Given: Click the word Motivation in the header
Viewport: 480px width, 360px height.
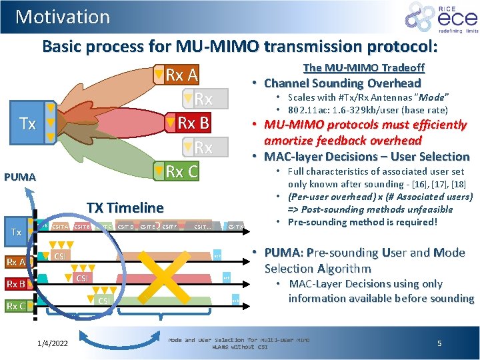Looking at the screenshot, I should pos(63,17).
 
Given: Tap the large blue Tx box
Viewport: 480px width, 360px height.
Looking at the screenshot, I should pos(27,123).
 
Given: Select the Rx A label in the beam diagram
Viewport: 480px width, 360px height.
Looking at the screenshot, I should pos(181,75).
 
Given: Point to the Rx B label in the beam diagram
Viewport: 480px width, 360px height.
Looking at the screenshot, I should pos(192,123).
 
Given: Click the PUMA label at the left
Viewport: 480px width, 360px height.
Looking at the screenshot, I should pos(21,177).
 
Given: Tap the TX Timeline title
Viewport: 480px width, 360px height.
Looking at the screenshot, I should pos(125,207).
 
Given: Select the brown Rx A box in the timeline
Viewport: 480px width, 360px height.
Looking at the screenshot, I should pos(17,261).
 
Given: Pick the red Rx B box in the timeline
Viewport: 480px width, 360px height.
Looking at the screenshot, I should pos(15,284).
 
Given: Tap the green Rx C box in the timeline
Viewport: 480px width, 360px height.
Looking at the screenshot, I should pos(15,306).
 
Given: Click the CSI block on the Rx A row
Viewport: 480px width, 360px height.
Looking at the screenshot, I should pos(60,256).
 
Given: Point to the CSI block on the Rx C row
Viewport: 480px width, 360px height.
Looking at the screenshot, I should pos(104,301).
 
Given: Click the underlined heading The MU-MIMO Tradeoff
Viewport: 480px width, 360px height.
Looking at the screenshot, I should pos(363,67).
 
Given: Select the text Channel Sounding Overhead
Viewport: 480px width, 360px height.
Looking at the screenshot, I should pos(342,83).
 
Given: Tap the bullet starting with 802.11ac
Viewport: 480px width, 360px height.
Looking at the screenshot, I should pos(367,110).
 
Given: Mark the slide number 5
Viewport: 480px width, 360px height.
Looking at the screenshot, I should pos(439,343).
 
